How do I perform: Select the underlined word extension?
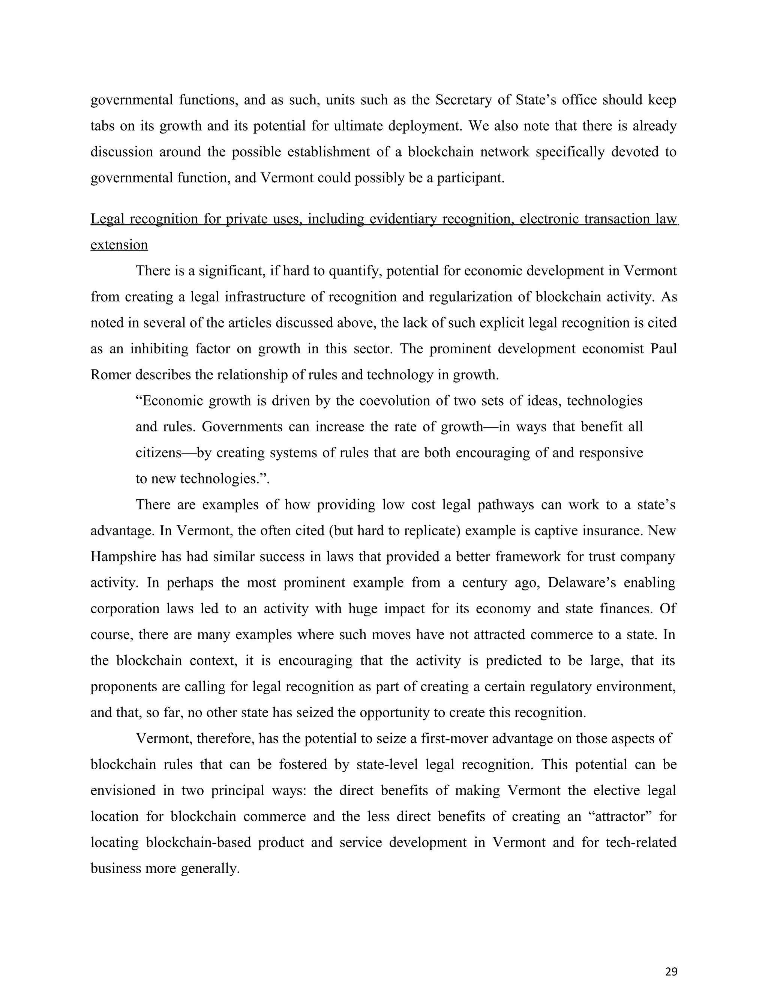[119, 245]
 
